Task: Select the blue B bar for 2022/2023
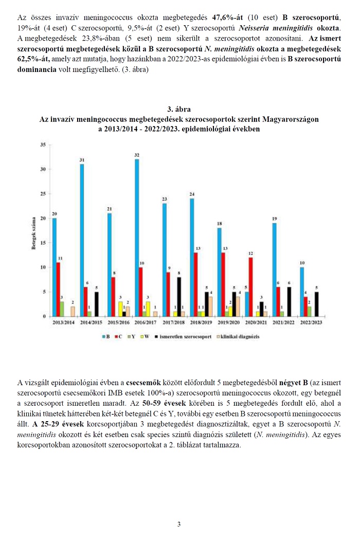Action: coord(302,292)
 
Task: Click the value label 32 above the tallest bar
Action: coord(137,155)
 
